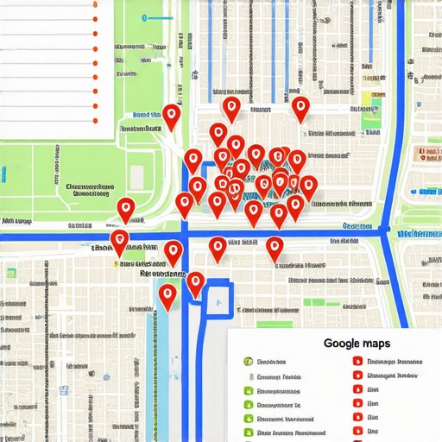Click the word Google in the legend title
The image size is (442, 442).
click(342, 343)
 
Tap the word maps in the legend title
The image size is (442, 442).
click(377, 343)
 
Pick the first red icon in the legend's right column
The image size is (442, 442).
click(357, 362)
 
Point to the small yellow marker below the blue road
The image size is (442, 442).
click(116, 260)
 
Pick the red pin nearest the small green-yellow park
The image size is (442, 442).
click(300, 108)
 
